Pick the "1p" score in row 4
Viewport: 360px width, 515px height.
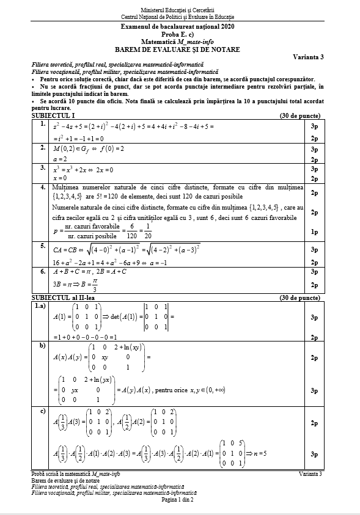tap(313, 232)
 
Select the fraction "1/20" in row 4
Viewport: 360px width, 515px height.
tap(148, 231)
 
